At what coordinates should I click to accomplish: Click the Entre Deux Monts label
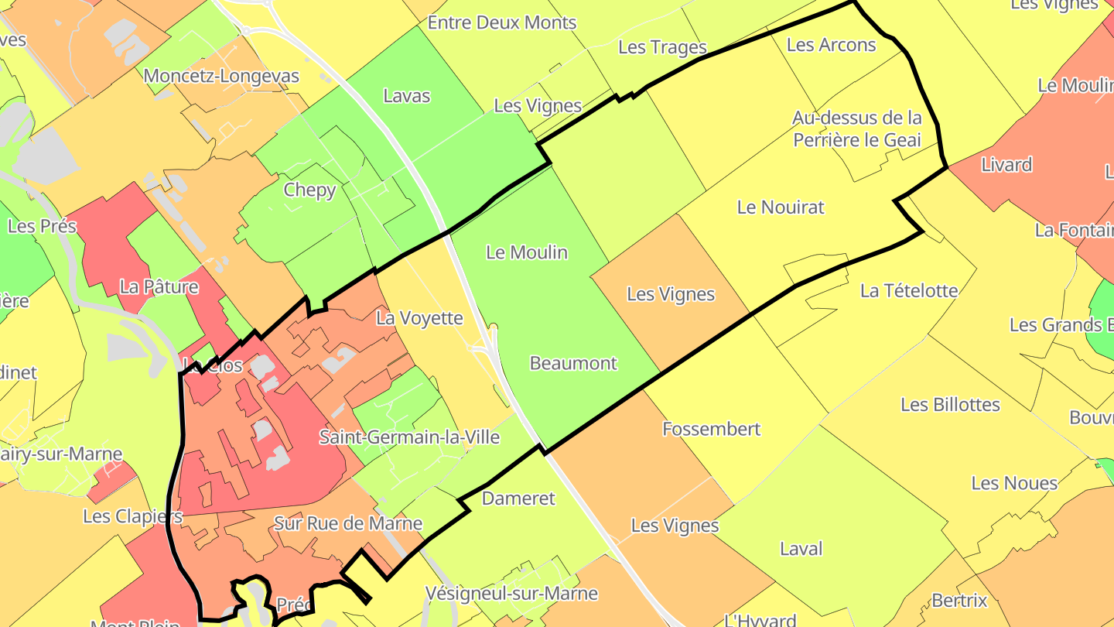[x=502, y=22]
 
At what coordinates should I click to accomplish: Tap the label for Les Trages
[x=663, y=47]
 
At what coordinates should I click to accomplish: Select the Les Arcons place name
[x=831, y=45]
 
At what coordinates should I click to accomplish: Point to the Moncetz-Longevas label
[x=221, y=77]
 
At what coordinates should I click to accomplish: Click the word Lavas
[x=407, y=96]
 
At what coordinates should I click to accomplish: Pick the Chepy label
[x=309, y=190]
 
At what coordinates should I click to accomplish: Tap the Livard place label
[x=1006, y=165]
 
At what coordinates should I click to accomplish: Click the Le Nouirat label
[x=781, y=207]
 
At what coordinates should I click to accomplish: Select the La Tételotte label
[x=909, y=291]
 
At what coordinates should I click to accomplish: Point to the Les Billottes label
[x=950, y=405]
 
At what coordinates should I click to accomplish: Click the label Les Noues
[x=1014, y=484]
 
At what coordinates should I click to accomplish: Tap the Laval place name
[x=801, y=549]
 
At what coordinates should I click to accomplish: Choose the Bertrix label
[x=959, y=601]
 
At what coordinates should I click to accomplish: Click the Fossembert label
[x=712, y=429]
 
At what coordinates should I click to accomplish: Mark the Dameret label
[x=518, y=499]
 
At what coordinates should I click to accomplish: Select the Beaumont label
[x=573, y=363]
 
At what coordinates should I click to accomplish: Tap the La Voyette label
[x=419, y=318]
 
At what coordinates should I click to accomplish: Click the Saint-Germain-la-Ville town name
[x=409, y=437]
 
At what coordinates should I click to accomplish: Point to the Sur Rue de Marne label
[x=348, y=524]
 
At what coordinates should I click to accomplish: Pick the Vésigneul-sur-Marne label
[x=511, y=594]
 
